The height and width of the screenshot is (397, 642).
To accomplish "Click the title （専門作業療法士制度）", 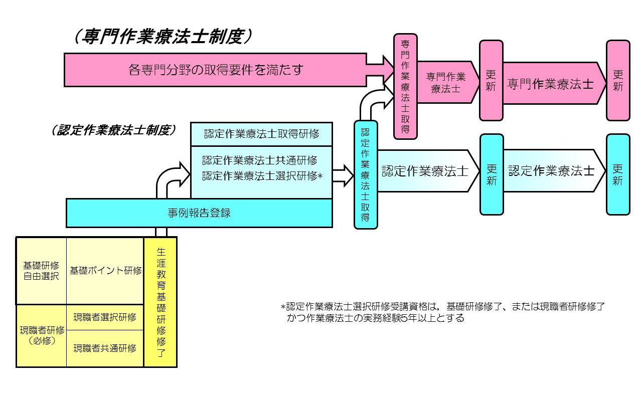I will tap(164, 37).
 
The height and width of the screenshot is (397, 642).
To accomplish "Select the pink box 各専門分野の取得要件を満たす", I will tap(216, 70).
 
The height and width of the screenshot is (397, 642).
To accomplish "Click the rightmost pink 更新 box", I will tap(618, 80).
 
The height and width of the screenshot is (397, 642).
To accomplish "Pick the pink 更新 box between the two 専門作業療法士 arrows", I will tap(491, 80).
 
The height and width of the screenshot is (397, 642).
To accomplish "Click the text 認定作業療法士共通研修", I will tap(260, 161).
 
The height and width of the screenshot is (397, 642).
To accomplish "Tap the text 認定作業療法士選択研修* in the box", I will tap(261, 176).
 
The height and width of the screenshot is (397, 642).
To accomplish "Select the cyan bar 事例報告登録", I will tap(199, 213).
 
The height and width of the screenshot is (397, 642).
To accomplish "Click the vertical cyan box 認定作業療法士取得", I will tap(366, 174).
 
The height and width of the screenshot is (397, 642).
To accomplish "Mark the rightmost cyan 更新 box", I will tap(618, 174).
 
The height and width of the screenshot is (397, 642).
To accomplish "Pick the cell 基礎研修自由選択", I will tap(41, 271).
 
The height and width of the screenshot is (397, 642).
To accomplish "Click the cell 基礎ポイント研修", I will tap(105, 271).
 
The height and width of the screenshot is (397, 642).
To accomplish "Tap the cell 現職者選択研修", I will tap(105, 317).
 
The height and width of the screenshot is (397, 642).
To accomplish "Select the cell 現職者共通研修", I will tap(105, 348).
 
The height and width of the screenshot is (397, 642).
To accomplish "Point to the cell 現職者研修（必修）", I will tap(42, 335).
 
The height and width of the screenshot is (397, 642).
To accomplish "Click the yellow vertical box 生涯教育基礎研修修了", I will tap(160, 302).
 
